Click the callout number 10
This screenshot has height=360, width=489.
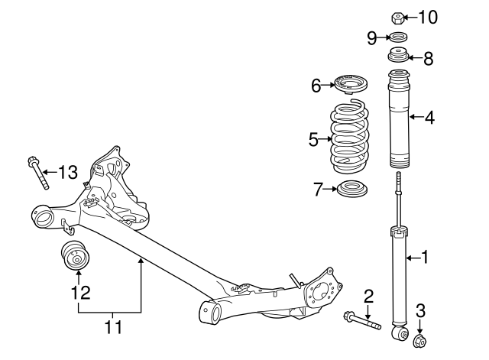pos(428,16)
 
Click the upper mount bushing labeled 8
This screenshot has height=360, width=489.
pos(397,57)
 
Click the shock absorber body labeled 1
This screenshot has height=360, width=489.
pos(397,275)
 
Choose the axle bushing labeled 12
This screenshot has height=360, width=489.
pos(76,256)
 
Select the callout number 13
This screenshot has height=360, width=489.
pos(68,172)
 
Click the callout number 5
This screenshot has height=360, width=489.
pos(313,139)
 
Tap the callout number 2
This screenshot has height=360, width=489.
pos(368,295)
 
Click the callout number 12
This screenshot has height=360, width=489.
pos(80,291)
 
